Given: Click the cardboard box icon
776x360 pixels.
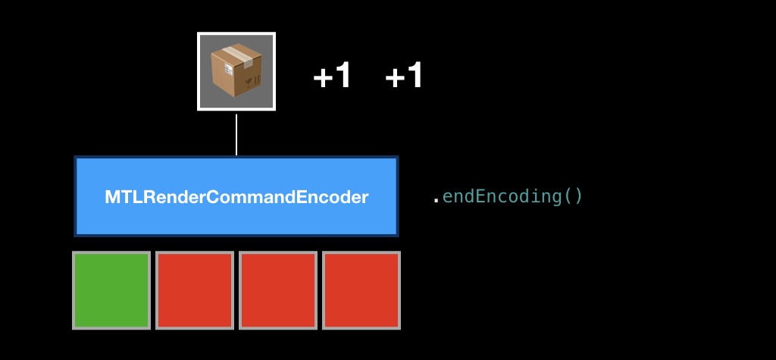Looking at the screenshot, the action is (236, 71).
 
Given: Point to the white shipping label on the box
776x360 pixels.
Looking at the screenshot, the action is (229, 70).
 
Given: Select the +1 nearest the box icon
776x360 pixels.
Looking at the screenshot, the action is (332, 77).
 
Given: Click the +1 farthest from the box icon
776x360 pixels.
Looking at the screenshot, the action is (404, 77).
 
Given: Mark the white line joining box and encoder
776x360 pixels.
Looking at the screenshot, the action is (236, 135).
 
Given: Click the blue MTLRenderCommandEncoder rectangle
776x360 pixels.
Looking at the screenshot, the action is (236, 196).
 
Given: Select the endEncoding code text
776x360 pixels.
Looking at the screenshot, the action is (502, 196).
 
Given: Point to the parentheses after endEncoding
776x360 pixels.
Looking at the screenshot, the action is (573, 196).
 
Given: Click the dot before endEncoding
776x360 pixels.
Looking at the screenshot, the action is (436, 201).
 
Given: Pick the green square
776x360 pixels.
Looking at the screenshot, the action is (111, 290).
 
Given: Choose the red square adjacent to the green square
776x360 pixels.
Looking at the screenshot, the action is (195, 290).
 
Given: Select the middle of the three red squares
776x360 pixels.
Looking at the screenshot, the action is (278, 290).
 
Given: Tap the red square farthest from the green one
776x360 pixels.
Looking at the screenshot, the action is (361, 290).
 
